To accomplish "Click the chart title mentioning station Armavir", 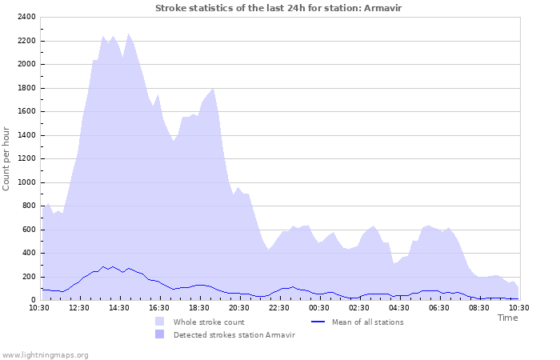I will coord(279,8).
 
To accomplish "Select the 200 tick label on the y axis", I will coord(28,277).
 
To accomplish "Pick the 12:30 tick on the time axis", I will coord(79,307).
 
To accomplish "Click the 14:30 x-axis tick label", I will coord(119,307).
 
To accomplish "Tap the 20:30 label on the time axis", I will coord(239,307).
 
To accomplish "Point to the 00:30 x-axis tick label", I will coord(319,307).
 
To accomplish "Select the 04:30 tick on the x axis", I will coord(399,307).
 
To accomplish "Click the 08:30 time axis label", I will coord(479,307).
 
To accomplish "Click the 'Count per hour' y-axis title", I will coord(7,158).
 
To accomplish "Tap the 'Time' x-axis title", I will coord(507,318).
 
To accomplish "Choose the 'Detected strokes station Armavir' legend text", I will coord(234,334).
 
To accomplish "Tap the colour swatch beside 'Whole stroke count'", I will coord(160,322).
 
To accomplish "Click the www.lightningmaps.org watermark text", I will coord(45,354).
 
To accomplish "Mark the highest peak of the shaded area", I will coord(129,34).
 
